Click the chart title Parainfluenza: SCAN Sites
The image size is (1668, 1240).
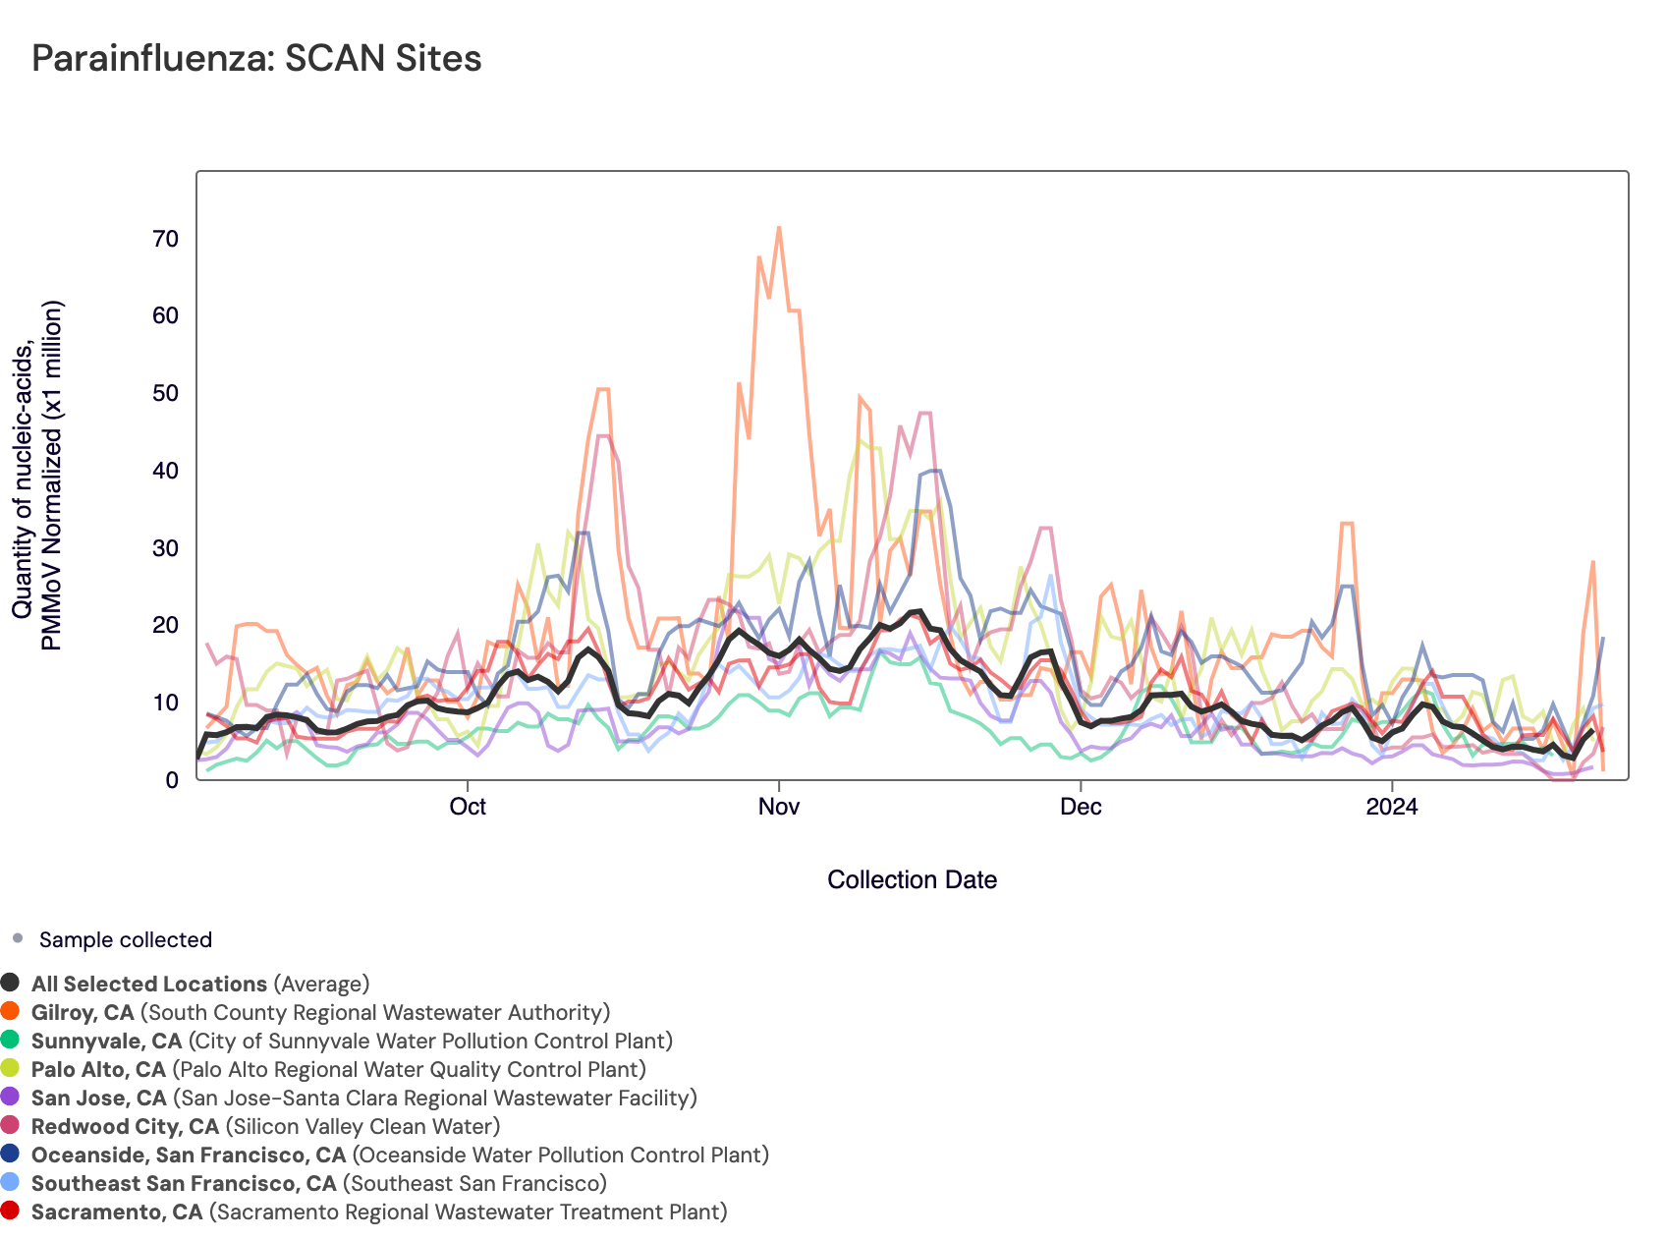click(256, 59)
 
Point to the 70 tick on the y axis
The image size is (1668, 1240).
click(166, 239)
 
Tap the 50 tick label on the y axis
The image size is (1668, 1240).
click(166, 393)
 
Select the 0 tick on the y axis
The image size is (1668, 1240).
click(172, 780)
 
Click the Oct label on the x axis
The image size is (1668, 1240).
click(468, 808)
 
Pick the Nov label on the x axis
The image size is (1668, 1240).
click(779, 808)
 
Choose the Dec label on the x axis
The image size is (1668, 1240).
click(1081, 808)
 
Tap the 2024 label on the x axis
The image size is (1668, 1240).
click(1392, 808)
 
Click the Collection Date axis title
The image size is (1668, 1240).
click(912, 879)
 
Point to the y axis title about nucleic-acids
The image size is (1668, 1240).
click(36, 476)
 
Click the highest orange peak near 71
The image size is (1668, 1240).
click(779, 228)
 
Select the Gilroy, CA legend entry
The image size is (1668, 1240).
click(320, 1012)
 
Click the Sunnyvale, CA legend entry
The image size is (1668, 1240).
click(352, 1041)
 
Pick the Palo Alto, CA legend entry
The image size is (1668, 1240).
click(339, 1069)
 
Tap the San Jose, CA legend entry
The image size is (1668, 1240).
click(363, 1098)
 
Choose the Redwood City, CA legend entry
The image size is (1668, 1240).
click(265, 1126)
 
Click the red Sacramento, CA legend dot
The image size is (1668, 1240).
click(11, 1212)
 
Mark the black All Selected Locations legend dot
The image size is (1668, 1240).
click(11, 984)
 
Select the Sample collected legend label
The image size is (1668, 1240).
click(126, 940)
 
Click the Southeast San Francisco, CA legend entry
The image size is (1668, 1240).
click(319, 1183)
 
